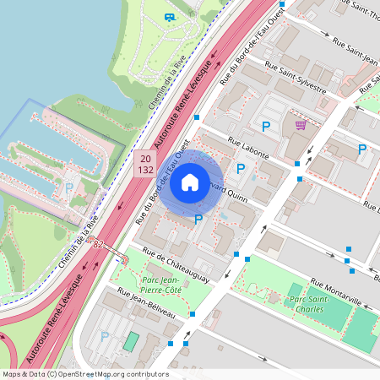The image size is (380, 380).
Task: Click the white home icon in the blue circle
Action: click(190, 182)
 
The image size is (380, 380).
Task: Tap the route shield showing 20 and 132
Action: click(145, 164)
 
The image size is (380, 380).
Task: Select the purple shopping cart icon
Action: click(300, 126)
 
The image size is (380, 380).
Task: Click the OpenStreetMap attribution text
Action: click(85, 374)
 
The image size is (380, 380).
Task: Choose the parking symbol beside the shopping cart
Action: click(265, 127)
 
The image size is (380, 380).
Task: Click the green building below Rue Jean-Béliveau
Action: click(130, 341)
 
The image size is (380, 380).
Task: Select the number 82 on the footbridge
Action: click(99, 245)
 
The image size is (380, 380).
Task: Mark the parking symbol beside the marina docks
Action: click(68, 188)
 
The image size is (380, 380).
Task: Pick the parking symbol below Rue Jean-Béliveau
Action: click(105, 337)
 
